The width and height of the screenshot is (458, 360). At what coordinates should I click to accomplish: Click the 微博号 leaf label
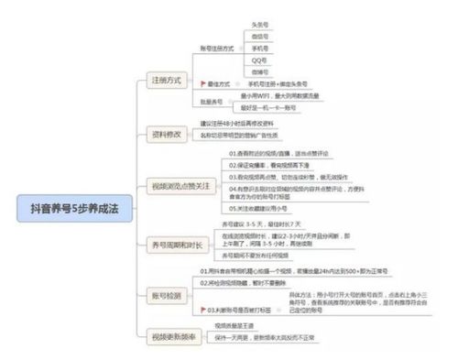coord(258,70)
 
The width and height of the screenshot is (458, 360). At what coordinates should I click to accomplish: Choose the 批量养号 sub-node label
coord(212,101)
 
